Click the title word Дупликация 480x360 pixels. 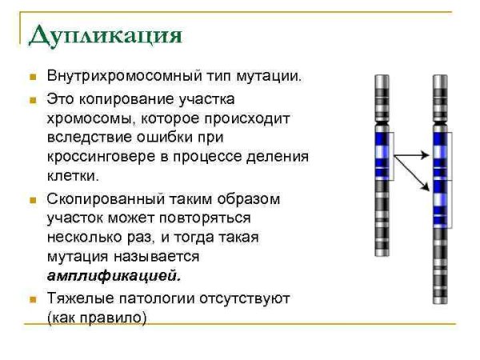[x=105, y=36]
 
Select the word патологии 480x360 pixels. [x=160, y=298]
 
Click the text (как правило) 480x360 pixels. [x=98, y=318]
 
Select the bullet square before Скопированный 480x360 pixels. [x=33, y=200]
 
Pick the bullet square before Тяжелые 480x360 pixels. [x=33, y=300]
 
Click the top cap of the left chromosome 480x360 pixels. [x=382, y=78]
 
